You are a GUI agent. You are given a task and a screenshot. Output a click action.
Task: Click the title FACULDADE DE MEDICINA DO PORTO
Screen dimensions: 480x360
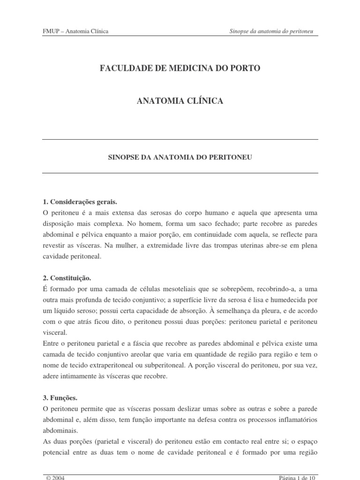(x=180, y=68)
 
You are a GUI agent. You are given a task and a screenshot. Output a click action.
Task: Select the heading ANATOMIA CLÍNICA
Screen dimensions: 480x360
(x=180, y=101)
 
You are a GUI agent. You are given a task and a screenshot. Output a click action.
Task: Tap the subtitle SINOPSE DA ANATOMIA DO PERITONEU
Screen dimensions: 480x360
(x=180, y=158)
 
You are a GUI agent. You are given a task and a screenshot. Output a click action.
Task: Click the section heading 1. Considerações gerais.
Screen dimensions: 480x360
(x=79, y=202)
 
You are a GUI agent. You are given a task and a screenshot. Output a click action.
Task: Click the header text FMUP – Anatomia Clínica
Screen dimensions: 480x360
(x=75, y=31)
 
